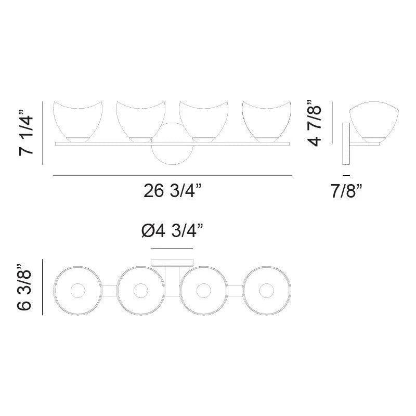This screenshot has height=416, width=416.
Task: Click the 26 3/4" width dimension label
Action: click(x=172, y=192)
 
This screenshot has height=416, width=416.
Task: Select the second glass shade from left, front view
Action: click(x=137, y=120)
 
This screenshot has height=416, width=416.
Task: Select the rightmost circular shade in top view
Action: click(x=267, y=291)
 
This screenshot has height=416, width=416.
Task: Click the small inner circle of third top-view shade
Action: click(x=204, y=291)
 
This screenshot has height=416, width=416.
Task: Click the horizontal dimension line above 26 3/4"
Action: click(x=172, y=176)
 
